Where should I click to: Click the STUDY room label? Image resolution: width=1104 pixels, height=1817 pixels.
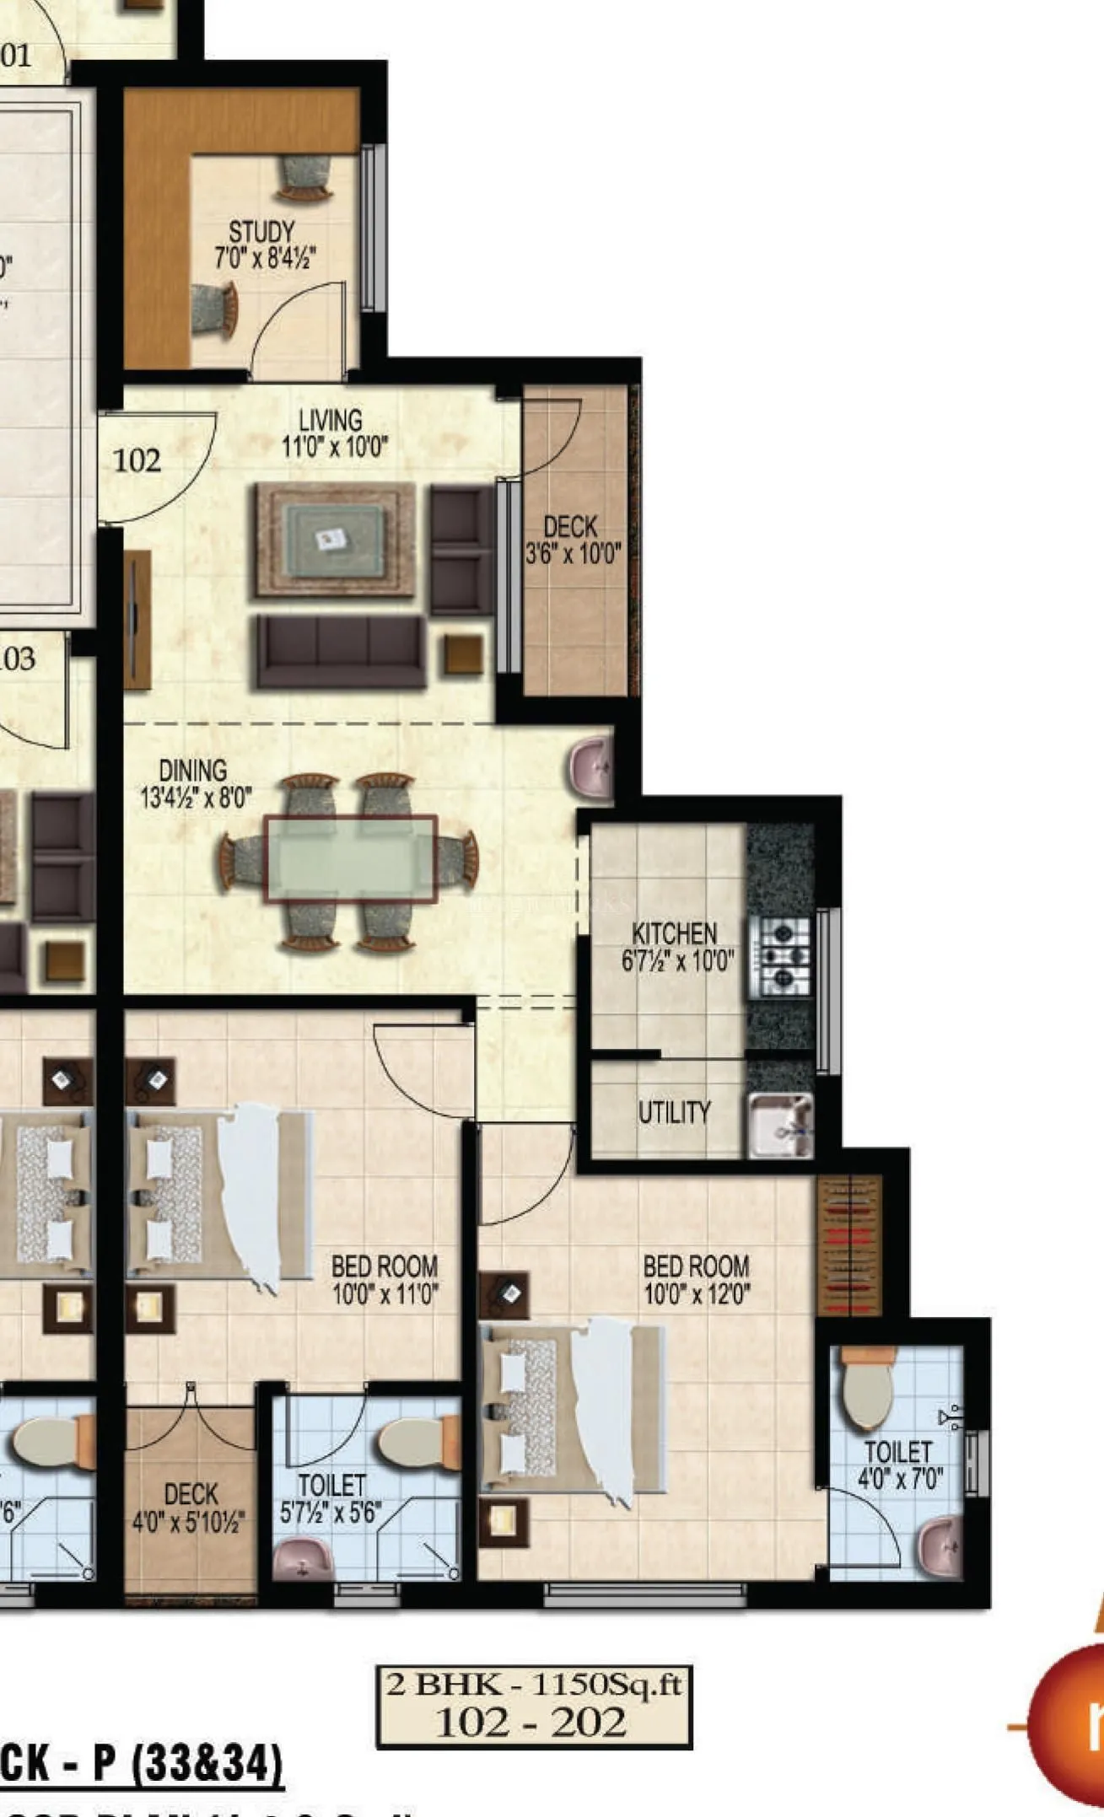coord(261,232)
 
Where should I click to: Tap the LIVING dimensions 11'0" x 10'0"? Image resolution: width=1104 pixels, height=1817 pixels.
coord(335,447)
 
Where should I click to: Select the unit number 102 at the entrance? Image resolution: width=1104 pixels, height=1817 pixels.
coord(137,460)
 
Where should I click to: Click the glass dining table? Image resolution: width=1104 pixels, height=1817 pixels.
coord(350,859)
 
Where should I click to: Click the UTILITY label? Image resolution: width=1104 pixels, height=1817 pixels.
coord(674,1112)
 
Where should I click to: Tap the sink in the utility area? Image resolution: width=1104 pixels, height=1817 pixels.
coord(780,1124)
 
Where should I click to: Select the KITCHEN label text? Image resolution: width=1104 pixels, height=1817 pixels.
coord(675,933)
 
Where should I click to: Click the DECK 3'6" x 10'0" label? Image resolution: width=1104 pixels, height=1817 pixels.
coord(573,540)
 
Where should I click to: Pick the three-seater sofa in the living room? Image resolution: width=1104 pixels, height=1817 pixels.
coord(340,651)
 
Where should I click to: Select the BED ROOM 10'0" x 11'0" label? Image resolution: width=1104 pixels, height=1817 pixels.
coord(385,1279)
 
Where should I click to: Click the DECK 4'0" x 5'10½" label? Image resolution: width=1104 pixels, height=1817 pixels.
coord(190,1507)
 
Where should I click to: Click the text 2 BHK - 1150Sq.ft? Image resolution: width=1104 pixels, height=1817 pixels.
coord(533,1685)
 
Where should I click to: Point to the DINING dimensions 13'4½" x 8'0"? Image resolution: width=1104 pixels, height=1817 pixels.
coord(196,797)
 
